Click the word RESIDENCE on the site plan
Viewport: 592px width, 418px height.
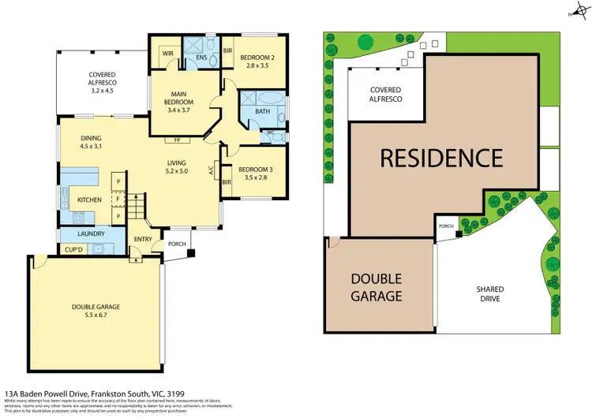[x=441, y=157]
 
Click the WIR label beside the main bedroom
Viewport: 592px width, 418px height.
[x=167, y=54]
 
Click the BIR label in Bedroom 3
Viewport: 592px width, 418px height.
[x=227, y=182]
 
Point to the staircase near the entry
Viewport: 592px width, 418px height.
[x=138, y=209]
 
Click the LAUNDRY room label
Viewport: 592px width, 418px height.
[x=91, y=233]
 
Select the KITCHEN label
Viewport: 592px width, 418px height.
[x=88, y=200]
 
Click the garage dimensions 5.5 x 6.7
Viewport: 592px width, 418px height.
[x=88, y=315]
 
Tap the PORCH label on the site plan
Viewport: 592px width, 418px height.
[x=447, y=226]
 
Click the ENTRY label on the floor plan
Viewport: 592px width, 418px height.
[x=144, y=239]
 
